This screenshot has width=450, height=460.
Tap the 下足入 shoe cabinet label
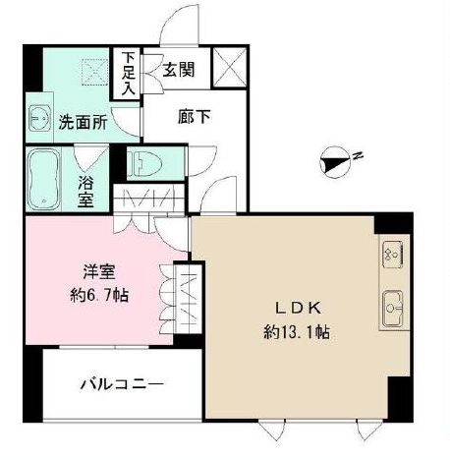point(129,74)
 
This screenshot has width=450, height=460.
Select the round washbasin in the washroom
point(40,118)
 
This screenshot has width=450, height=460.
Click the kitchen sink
point(391,310)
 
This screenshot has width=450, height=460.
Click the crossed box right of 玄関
point(230,72)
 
